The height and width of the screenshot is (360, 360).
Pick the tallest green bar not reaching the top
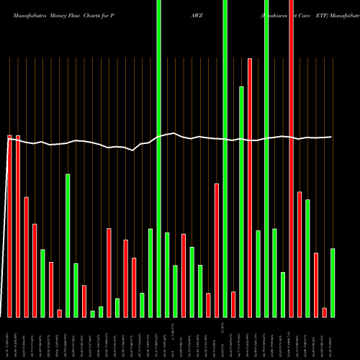(242, 202)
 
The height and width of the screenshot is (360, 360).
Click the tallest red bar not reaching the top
(250, 187)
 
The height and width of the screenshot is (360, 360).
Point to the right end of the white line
(330, 137)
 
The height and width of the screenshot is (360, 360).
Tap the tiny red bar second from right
(325, 312)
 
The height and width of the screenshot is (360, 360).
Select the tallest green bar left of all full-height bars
(68, 245)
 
